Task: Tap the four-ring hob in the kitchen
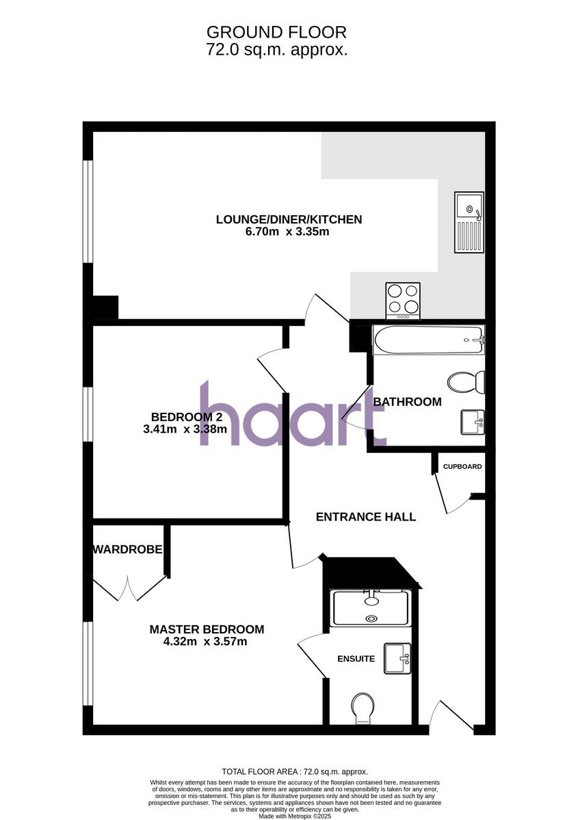403,300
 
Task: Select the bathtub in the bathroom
428,340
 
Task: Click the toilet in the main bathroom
467,382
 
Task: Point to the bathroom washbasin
472,422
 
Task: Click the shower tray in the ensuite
370,607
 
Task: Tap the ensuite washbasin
397,659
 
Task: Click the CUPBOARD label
462,467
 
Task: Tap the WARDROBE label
128,549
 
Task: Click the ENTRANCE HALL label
365,517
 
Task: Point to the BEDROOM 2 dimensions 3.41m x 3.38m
185,430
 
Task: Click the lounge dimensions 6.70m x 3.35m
288,232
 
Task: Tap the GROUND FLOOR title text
276,32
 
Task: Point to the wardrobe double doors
129,588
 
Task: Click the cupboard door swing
452,496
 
